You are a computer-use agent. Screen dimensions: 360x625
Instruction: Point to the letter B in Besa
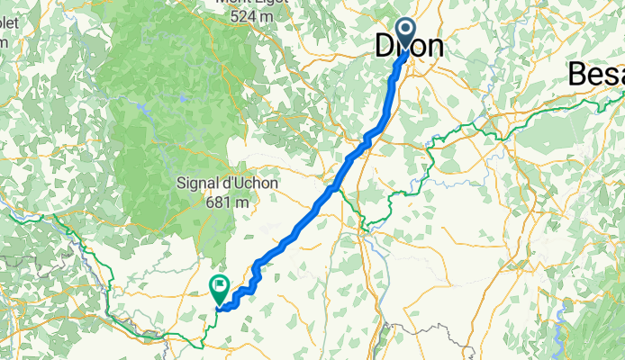(578, 76)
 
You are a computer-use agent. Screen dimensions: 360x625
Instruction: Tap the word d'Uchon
(249, 183)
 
